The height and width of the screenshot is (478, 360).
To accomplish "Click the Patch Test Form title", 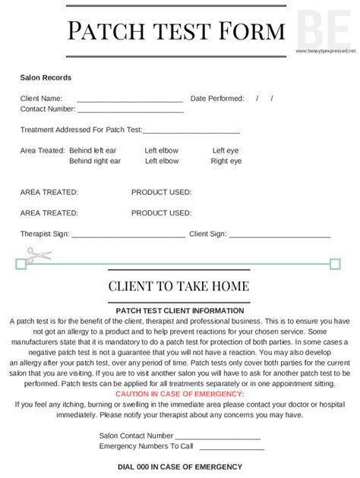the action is [x=176, y=31].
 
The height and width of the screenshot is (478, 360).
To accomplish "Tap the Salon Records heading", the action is [x=46, y=77].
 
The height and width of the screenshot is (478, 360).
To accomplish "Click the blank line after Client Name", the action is [x=129, y=99].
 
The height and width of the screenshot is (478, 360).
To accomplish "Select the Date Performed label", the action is [x=217, y=99].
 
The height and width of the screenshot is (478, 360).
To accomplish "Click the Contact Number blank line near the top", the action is [x=130, y=110].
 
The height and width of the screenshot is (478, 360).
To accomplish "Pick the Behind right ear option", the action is [x=95, y=161].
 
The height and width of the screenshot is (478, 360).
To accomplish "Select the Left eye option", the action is [x=226, y=150].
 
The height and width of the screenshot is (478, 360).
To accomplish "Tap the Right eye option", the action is [x=226, y=161].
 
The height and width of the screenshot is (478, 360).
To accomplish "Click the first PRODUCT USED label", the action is [x=161, y=193].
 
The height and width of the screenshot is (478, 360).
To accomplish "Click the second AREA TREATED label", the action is [x=49, y=213].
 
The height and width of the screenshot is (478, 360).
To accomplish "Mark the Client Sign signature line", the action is [x=279, y=235].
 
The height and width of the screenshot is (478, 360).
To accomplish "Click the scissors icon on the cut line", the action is [x=38, y=255].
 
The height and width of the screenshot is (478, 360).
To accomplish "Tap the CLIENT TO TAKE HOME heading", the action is [x=178, y=286].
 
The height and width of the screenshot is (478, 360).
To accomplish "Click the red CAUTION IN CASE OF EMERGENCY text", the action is [x=180, y=395].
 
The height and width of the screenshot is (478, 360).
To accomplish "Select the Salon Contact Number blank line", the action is [x=217, y=437].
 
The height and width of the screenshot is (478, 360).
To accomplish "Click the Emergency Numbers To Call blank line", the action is [x=230, y=448].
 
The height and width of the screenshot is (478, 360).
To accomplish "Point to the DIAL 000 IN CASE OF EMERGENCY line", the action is [x=180, y=467].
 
